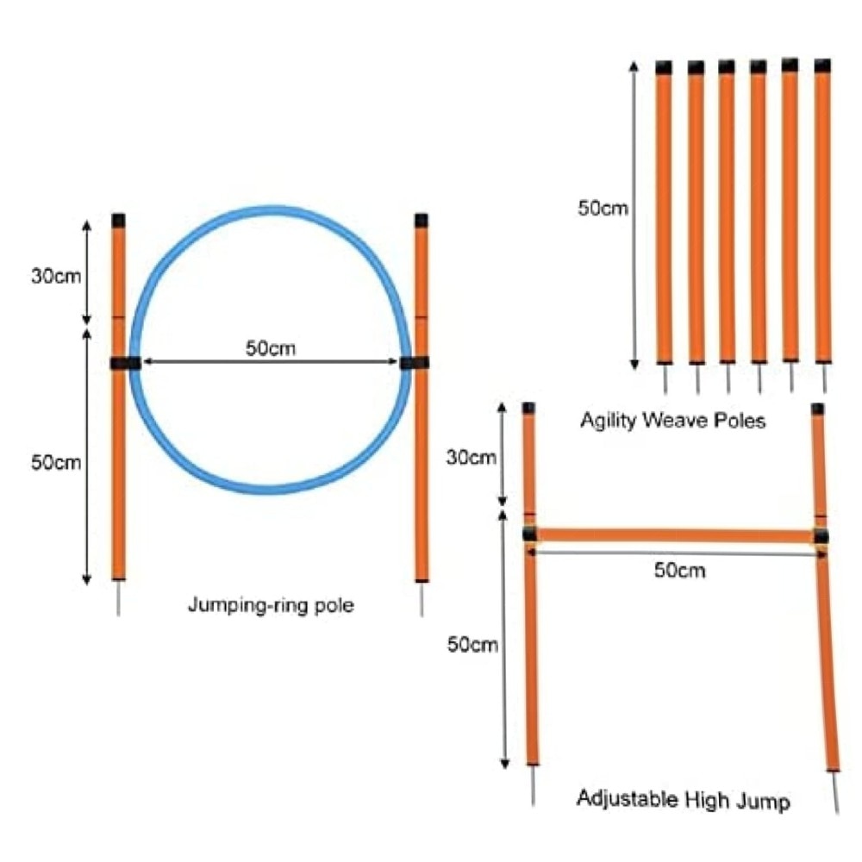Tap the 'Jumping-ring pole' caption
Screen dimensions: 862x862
coord(271,605)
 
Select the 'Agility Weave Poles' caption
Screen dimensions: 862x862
coord(672,422)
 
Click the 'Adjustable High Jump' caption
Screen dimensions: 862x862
coord(683,800)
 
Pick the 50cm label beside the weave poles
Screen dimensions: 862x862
coord(603,208)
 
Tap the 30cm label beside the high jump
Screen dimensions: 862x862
coord(471,457)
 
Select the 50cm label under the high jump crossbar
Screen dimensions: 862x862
coord(679,570)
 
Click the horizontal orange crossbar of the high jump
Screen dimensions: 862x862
coord(672,536)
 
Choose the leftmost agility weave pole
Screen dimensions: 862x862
coord(664,215)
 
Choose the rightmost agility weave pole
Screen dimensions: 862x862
coord(823,215)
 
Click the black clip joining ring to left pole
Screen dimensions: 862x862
coord(125,363)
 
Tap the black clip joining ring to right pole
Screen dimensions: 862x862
coord(415,363)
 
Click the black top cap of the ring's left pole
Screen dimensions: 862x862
coord(119,220)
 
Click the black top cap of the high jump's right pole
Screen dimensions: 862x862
coord(817,409)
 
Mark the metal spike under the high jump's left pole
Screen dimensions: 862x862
coord(534,785)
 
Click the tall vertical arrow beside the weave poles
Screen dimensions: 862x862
coord(635,215)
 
